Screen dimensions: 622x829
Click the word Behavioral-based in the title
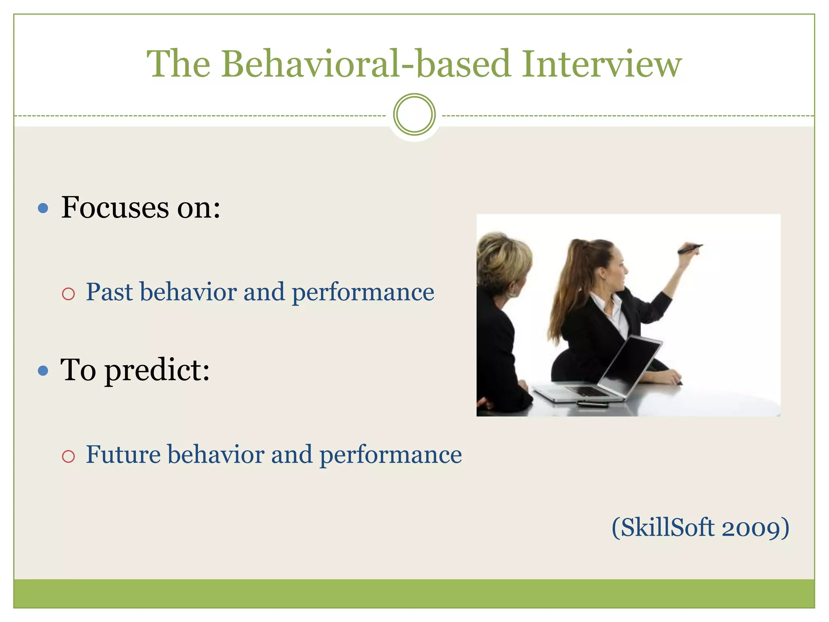click(x=366, y=64)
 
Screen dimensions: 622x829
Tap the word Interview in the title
click(x=602, y=64)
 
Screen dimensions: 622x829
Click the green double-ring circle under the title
click(x=414, y=115)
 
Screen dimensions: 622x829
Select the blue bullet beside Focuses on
click(x=43, y=209)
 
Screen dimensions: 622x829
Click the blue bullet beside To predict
click(x=43, y=371)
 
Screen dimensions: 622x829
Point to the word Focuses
click(x=115, y=207)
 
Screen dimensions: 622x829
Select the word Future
click(x=123, y=454)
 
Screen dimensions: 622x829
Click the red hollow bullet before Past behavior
click(x=68, y=294)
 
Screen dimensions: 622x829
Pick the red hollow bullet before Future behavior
click(x=68, y=456)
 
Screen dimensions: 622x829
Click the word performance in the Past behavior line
click(x=363, y=292)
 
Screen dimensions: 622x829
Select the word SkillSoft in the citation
click(x=667, y=528)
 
